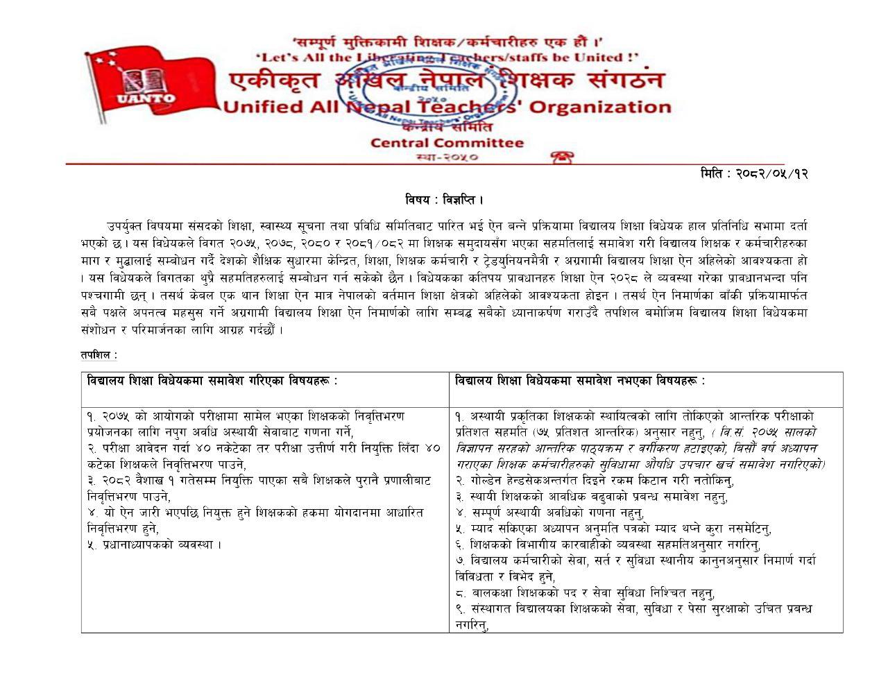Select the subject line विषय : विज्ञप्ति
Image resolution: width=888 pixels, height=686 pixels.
tap(444, 200)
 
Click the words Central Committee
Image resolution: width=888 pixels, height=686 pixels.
tap(447, 143)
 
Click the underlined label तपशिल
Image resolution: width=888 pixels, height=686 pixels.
tap(99, 355)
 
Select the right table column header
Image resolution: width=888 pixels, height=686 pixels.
tap(580, 381)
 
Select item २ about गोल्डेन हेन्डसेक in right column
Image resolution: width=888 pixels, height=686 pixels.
tap(595, 481)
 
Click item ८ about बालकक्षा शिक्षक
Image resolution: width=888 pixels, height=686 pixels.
tap(585, 593)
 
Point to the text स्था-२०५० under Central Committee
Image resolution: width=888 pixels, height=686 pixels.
tap(447, 157)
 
